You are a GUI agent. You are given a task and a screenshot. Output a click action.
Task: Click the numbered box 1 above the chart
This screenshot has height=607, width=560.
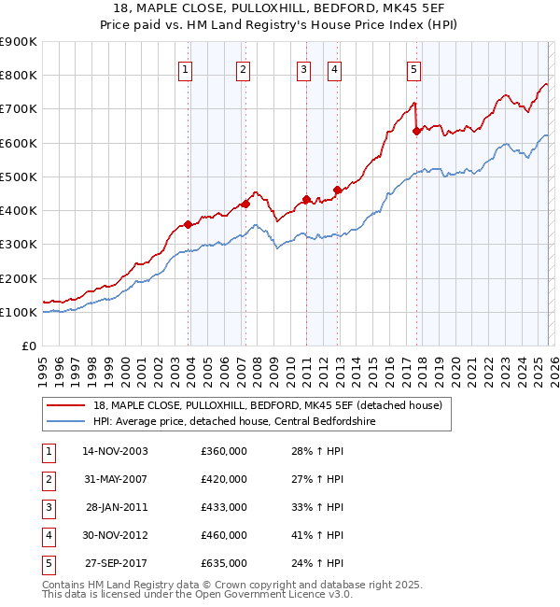coord(186,68)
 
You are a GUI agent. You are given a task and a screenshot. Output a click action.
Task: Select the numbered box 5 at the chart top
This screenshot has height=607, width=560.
coord(413,68)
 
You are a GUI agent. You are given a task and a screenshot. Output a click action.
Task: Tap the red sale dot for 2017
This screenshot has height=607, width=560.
coord(416,131)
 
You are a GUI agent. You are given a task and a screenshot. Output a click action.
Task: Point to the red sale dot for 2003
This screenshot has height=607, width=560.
coord(189,224)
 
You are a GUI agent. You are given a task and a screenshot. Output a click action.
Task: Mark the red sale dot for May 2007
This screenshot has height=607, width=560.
coord(245,204)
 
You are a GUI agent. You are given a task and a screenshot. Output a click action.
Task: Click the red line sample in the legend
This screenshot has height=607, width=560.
coord(65,405)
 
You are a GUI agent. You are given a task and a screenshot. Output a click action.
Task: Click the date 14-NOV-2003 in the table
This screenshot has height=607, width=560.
coord(116,451)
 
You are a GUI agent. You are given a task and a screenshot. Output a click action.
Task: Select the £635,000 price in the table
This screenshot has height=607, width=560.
coord(224,563)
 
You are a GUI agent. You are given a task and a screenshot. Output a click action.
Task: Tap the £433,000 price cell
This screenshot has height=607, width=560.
coord(224,507)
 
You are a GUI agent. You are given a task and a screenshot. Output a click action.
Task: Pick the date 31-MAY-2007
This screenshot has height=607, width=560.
coord(116,479)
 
